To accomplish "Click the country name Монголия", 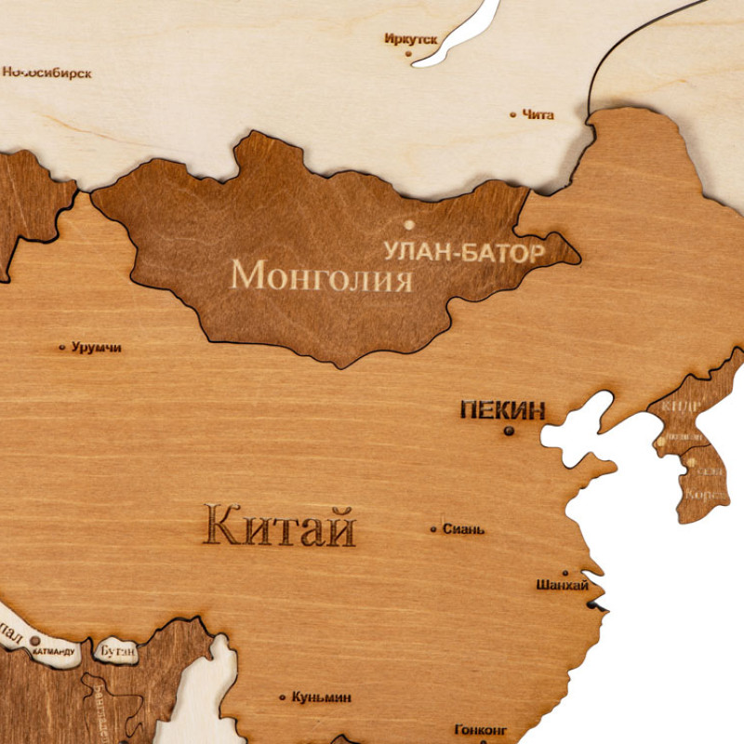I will [321, 275].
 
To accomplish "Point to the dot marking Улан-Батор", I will [408, 224].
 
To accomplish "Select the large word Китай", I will [279, 527].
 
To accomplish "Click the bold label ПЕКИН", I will [502, 410].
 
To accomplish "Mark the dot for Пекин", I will [509, 431].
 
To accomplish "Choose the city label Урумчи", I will [96, 348].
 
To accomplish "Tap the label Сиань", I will [463, 529].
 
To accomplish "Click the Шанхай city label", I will [562, 586].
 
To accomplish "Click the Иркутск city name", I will [410, 39].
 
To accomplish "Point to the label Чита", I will [538, 115].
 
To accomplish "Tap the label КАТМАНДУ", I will [54, 652].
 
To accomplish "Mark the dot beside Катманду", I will [35, 640].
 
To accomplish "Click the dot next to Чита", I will [512, 115].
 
